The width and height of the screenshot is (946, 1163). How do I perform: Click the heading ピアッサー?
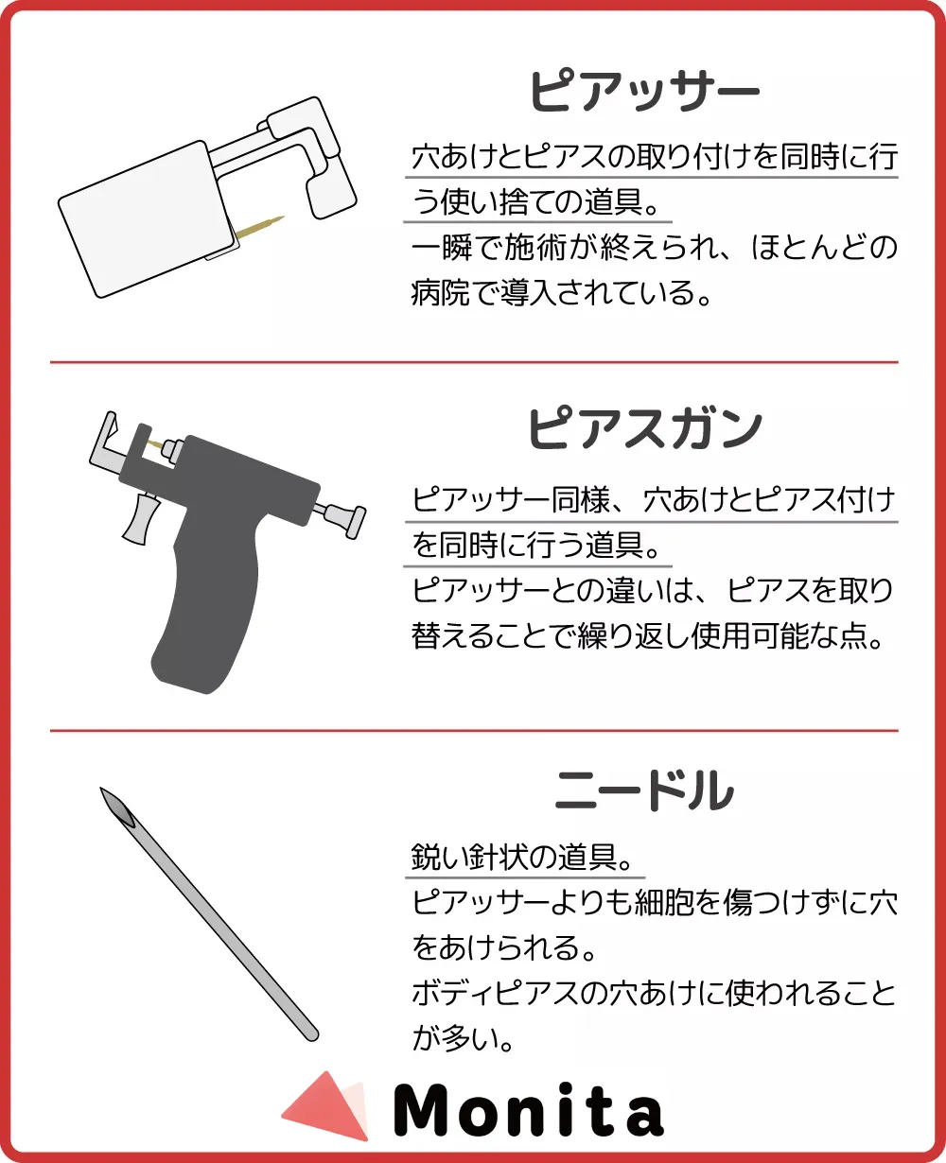pos(644,91)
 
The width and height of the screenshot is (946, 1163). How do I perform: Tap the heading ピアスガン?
pos(644,428)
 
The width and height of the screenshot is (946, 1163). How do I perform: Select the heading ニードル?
pos(644,790)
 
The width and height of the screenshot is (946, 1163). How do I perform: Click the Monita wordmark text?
pos(529,1109)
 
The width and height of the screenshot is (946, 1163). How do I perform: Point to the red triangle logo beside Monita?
pos(327,1107)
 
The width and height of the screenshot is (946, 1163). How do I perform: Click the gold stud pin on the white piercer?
pos(260,227)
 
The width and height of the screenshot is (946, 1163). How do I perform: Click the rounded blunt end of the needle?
pos(312,1034)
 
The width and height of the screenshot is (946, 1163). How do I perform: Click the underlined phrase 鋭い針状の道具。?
pos(523,858)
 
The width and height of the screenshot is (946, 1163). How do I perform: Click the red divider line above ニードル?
pos(474,730)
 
